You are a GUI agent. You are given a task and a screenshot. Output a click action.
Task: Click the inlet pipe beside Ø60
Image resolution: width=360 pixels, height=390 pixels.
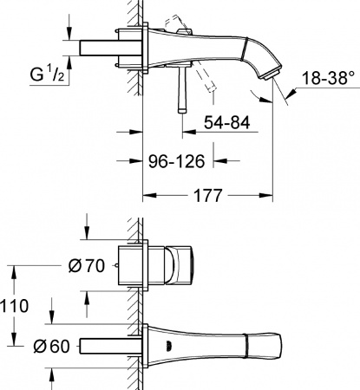[108, 346]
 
